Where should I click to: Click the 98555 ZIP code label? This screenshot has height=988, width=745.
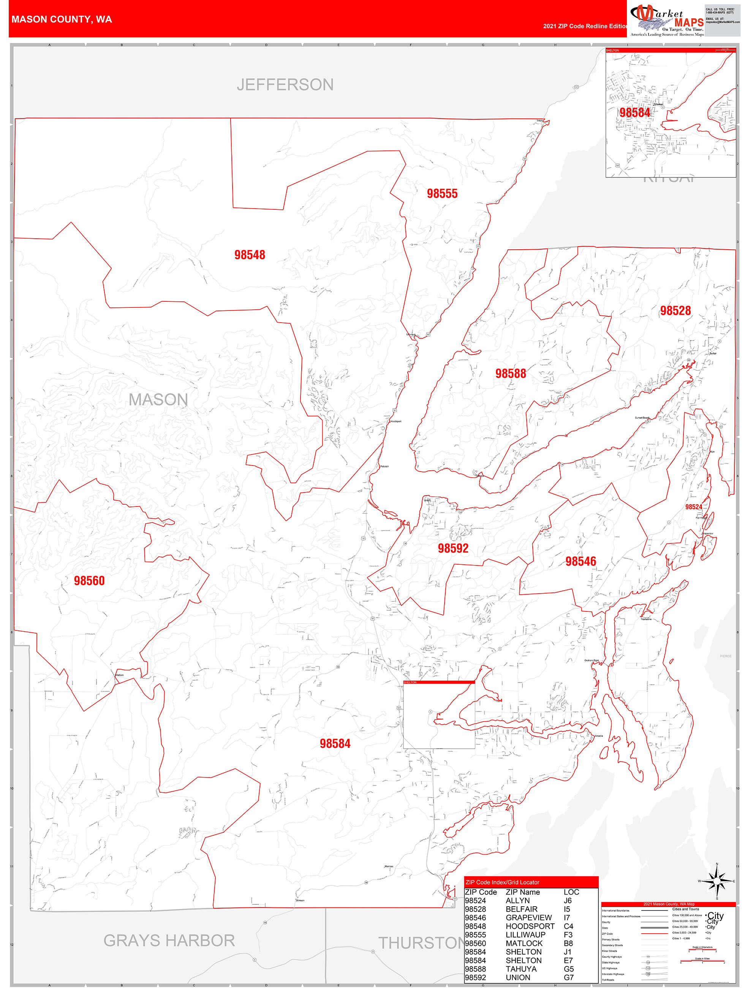[442, 193]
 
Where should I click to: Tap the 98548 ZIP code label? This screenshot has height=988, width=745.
[250, 255]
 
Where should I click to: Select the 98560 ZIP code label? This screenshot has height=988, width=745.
[89, 580]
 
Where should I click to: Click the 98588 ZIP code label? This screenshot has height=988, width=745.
[510, 374]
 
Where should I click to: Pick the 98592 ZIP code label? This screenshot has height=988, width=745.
[452, 548]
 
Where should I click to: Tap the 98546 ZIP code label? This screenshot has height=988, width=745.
[580, 561]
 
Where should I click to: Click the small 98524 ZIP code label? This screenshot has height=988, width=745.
[693, 507]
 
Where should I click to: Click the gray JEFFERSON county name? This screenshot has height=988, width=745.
[285, 85]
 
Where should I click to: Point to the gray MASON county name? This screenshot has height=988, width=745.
[158, 400]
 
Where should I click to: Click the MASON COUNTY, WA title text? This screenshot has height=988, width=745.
[62, 19]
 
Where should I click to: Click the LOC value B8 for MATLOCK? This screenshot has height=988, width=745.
[568, 943]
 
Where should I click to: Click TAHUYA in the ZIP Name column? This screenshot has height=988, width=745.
[521, 969]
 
